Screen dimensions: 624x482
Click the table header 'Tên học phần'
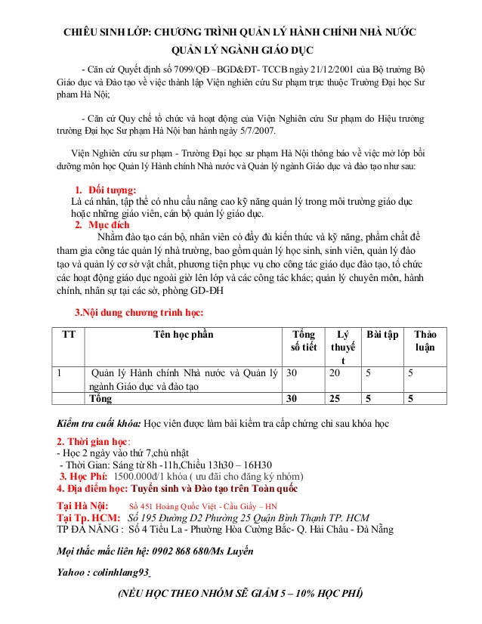coord(183,335)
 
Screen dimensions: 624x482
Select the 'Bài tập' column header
coord(382,335)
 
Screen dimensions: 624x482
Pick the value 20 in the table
coord(335,372)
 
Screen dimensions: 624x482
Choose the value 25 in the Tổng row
coord(335,398)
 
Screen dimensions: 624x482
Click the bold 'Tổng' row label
coord(100,398)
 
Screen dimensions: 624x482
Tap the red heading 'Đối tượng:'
coord(113,190)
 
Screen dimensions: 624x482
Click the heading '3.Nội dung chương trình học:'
coord(138,312)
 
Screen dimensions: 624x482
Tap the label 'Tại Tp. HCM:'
coord(88,517)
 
